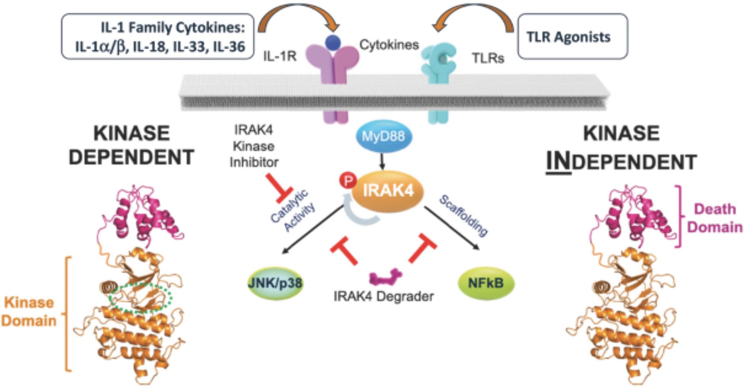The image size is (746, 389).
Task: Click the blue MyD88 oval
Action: tap(383, 136)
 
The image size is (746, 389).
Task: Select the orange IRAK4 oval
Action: tap(388, 191)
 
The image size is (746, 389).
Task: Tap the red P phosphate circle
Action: tap(348, 181)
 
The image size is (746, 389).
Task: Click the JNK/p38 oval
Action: tap(275, 283)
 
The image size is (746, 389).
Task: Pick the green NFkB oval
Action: tap(486, 283)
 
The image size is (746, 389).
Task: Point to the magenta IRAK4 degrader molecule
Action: tap(385, 276)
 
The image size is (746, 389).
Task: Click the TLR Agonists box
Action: tap(572, 37)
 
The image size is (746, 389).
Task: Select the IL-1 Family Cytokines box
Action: tap(158, 37)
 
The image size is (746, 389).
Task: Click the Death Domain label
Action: tap(714, 218)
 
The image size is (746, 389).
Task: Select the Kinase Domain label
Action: tap(29, 311)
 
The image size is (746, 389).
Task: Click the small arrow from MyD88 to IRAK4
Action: tap(382, 161)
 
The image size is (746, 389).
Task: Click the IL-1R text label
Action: tap(280, 56)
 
